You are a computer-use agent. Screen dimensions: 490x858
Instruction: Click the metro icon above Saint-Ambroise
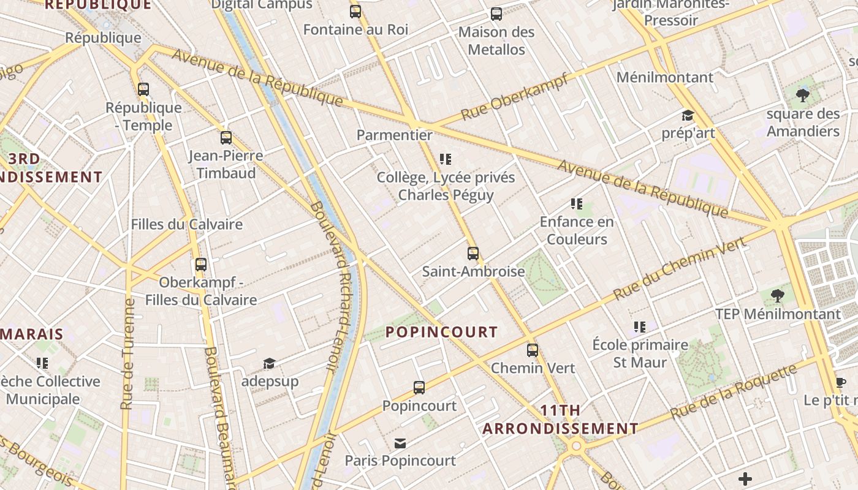pyautogui.click(x=473, y=253)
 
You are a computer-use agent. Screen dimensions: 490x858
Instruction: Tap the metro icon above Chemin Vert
pyautogui.click(x=533, y=350)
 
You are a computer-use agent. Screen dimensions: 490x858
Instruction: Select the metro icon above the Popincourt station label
pyautogui.click(x=419, y=388)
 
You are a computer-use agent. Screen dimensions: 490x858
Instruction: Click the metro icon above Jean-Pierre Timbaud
pyautogui.click(x=226, y=138)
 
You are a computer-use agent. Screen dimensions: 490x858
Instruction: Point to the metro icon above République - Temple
pyautogui.click(x=143, y=89)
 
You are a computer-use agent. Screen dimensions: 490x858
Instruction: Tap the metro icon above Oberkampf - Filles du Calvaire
pyautogui.click(x=201, y=265)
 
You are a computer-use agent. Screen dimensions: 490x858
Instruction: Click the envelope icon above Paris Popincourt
pyautogui.click(x=400, y=443)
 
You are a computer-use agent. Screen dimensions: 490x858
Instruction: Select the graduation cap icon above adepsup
pyautogui.click(x=269, y=364)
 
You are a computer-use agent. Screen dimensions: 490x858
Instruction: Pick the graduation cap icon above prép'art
pyautogui.click(x=688, y=116)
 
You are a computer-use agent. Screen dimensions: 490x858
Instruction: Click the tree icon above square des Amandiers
pyautogui.click(x=803, y=96)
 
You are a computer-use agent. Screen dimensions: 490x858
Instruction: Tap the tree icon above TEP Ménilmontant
pyautogui.click(x=778, y=296)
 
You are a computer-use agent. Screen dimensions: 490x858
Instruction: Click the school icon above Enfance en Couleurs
pyautogui.click(x=576, y=203)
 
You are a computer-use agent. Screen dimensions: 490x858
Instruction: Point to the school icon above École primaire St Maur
pyautogui.click(x=640, y=327)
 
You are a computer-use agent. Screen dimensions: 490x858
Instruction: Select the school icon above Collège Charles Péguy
pyautogui.click(x=446, y=159)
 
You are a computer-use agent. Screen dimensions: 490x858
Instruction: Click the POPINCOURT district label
pyautogui.click(x=441, y=332)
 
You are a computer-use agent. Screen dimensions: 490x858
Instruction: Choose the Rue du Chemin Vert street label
pyautogui.click(x=680, y=268)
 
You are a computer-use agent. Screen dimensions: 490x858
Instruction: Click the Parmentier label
pyautogui.click(x=395, y=135)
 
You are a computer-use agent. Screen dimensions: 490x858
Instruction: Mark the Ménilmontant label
pyautogui.click(x=665, y=77)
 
